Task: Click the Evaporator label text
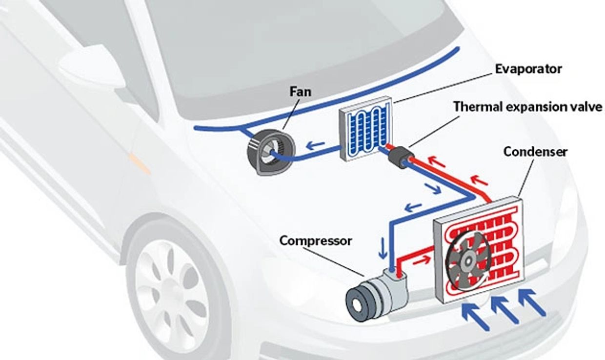[x=528, y=69]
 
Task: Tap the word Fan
[x=300, y=91]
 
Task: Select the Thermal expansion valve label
[x=528, y=107]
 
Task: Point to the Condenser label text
[x=535, y=152]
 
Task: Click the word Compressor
[x=315, y=240]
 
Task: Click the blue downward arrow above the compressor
[x=383, y=248]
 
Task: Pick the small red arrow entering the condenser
[x=423, y=259]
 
